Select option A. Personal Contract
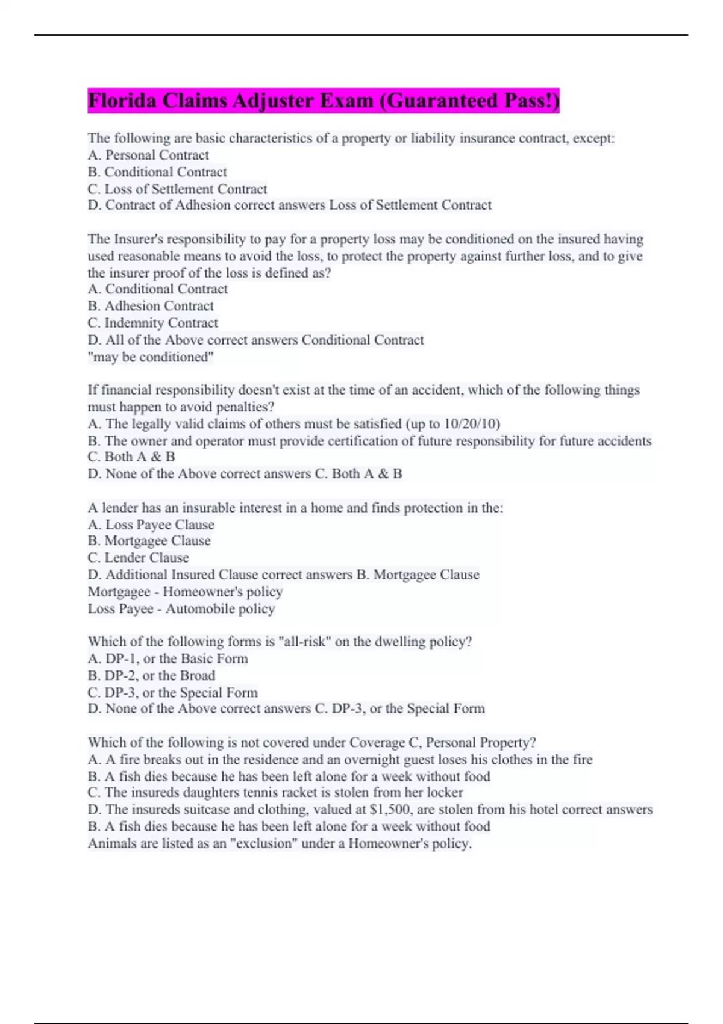tap(148, 155)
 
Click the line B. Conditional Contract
tap(157, 172)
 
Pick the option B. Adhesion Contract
tap(151, 306)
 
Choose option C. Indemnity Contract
tap(153, 323)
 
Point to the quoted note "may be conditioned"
tap(151, 357)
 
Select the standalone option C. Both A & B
tap(131, 457)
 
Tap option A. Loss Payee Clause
tap(151, 525)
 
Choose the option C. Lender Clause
tap(139, 558)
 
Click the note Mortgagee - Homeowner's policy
tap(185, 592)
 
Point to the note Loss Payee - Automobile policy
tap(181, 609)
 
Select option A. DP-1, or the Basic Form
tap(167, 659)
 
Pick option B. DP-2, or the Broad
tap(151, 676)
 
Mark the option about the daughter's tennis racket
tap(275, 793)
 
